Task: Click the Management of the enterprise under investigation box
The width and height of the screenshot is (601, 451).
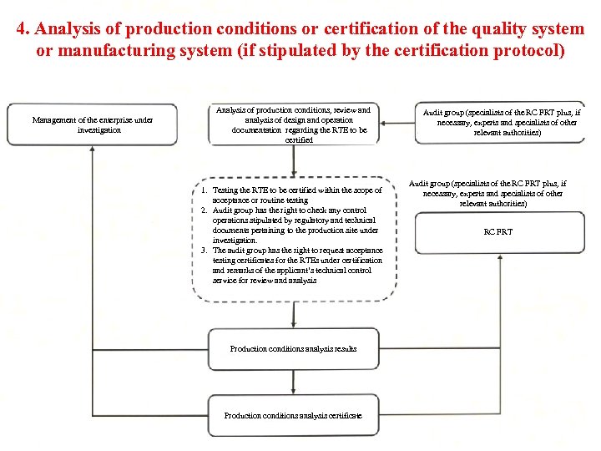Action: pos(92,124)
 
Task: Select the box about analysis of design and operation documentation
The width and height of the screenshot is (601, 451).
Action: pos(293,124)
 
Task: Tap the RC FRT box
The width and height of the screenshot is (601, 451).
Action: pos(499,232)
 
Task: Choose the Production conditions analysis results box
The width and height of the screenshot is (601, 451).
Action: pos(293,348)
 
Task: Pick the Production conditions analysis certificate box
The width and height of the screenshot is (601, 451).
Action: pos(293,415)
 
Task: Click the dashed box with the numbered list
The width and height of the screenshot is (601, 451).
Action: pos(293,238)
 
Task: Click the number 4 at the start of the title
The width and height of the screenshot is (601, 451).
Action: pos(22,29)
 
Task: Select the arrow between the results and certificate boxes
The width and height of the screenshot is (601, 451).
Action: pos(293,382)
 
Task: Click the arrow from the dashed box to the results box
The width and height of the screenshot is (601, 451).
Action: pos(293,315)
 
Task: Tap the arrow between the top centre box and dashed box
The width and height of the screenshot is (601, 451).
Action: pos(293,162)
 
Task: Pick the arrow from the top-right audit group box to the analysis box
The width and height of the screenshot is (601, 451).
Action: pos(396,123)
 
